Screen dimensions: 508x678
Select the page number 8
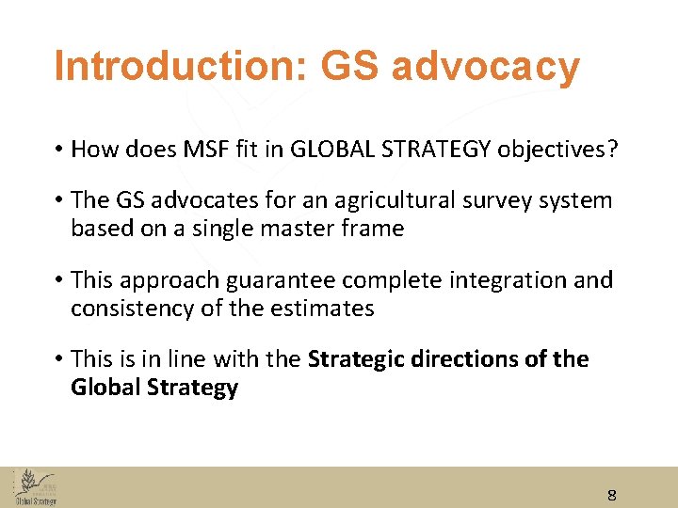click(612, 496)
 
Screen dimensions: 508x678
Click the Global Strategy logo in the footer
click(34, 487)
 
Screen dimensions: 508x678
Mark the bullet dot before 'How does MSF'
click(58, 150)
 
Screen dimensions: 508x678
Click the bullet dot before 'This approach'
click(58, 280)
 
